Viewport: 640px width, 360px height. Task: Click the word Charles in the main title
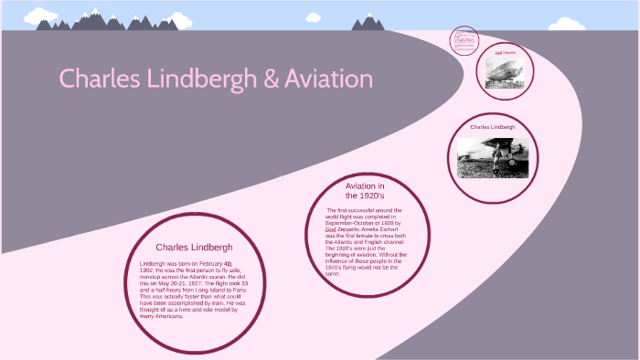point(99,79)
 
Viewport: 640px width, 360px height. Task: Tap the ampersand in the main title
point(271,79)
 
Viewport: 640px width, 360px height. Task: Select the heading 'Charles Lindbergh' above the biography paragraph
point(194,247)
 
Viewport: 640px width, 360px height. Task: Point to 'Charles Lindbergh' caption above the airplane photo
point(493,127)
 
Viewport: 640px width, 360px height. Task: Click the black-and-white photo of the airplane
point(493,157)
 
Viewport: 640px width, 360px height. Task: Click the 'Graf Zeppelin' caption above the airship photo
point(505,53)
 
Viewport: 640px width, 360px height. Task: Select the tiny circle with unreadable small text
point(465,41)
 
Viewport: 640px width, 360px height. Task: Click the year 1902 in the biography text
point(146,270)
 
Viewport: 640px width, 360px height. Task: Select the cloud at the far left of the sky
point(40,16)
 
